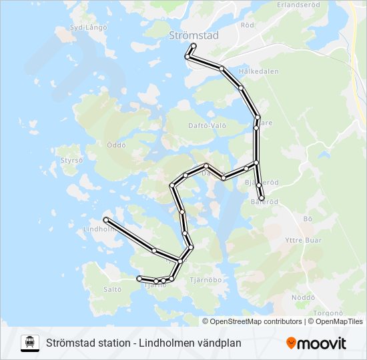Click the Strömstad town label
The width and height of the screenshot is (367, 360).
tap(194, 35)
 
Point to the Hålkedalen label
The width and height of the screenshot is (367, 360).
tap(258, 71)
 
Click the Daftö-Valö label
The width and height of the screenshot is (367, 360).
tap(208, 125)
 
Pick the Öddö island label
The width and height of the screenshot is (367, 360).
tap(115, 145)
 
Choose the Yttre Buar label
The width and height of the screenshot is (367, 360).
tap(303, 240)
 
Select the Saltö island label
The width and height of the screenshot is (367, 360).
tap(113, 289)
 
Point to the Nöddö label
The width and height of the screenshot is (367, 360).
tap(303, 298)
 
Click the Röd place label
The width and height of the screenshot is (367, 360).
tap(248, 25)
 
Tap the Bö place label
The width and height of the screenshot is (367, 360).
tap(308, 218)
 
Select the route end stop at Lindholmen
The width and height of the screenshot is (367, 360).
tap(106, 219)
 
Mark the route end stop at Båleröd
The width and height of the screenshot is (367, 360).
tap(262, 198)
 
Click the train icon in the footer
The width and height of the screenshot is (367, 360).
tap(29, 343)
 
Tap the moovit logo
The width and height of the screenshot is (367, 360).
tap(316, 343)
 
